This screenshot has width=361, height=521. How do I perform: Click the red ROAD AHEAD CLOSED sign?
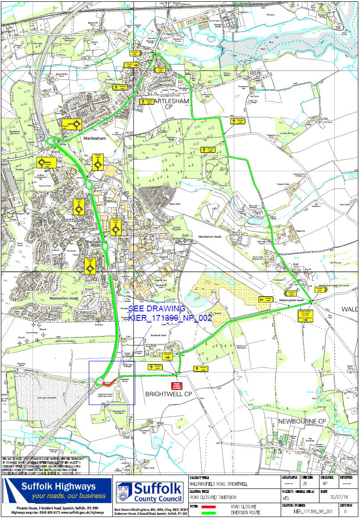(177, 386)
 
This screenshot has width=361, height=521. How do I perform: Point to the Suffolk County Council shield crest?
(124, 492)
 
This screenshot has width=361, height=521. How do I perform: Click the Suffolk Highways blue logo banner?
(57, 490)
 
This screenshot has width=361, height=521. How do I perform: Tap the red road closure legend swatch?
(208, 507)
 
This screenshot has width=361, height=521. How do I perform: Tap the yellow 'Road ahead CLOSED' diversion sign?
(305, 315)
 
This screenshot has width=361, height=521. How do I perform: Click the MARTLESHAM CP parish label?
(171, 104)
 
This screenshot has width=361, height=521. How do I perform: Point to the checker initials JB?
(304, 483)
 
